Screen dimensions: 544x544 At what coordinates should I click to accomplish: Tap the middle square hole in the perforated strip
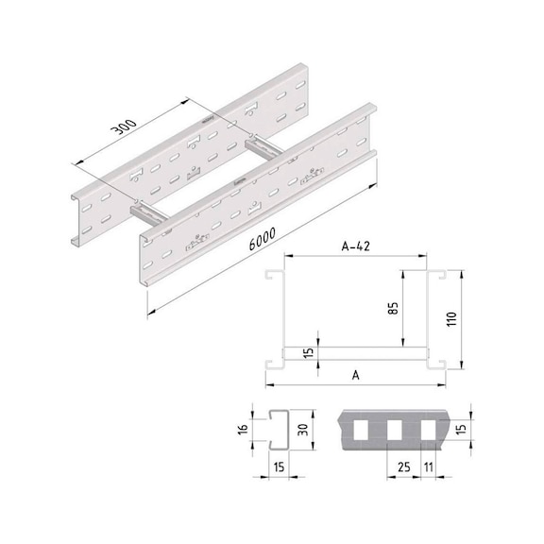point(396,431)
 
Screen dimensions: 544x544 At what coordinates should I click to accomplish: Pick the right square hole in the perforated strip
point(431,431)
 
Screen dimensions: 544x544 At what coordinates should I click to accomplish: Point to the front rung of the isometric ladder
point(151,212)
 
